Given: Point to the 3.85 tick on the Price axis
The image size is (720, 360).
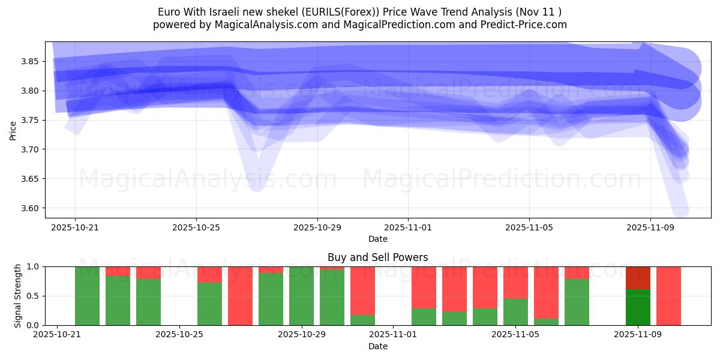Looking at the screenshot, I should coord(31,62).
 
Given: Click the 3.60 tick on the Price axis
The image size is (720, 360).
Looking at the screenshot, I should coord(31,208).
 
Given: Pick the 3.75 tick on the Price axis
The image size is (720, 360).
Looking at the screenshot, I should coord(31,121).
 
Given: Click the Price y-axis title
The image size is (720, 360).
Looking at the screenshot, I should coord(13,130).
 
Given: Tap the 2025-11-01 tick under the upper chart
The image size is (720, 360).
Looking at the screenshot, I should coord(408,228).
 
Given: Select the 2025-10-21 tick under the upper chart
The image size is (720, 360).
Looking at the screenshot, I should coord(75,228).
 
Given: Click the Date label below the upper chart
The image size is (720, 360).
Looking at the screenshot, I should coord(378,239).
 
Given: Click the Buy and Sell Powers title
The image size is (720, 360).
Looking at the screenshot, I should coord(378,257).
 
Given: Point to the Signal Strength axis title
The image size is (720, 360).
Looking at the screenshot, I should coord(18,296).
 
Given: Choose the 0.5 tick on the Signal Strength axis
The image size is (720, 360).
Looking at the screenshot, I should coord(34,296).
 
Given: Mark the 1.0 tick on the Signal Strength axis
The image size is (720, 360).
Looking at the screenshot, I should coord(34,266).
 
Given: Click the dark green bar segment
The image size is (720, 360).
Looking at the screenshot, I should coord(638,307).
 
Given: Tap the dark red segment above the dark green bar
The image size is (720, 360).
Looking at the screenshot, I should coord(638,278).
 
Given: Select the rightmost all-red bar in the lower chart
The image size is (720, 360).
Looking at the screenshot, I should coord(668,296).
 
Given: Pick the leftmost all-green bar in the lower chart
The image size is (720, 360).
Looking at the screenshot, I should coord(87,296).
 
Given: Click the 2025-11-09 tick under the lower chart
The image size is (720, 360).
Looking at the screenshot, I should coord(638,335).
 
